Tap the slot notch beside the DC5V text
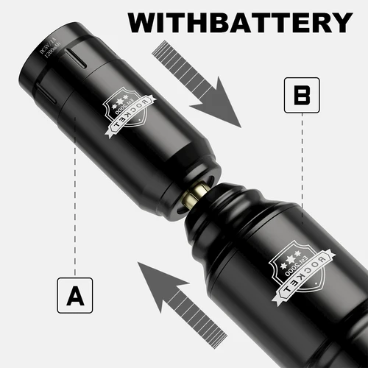pyautogui.click(x=74, y=57)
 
